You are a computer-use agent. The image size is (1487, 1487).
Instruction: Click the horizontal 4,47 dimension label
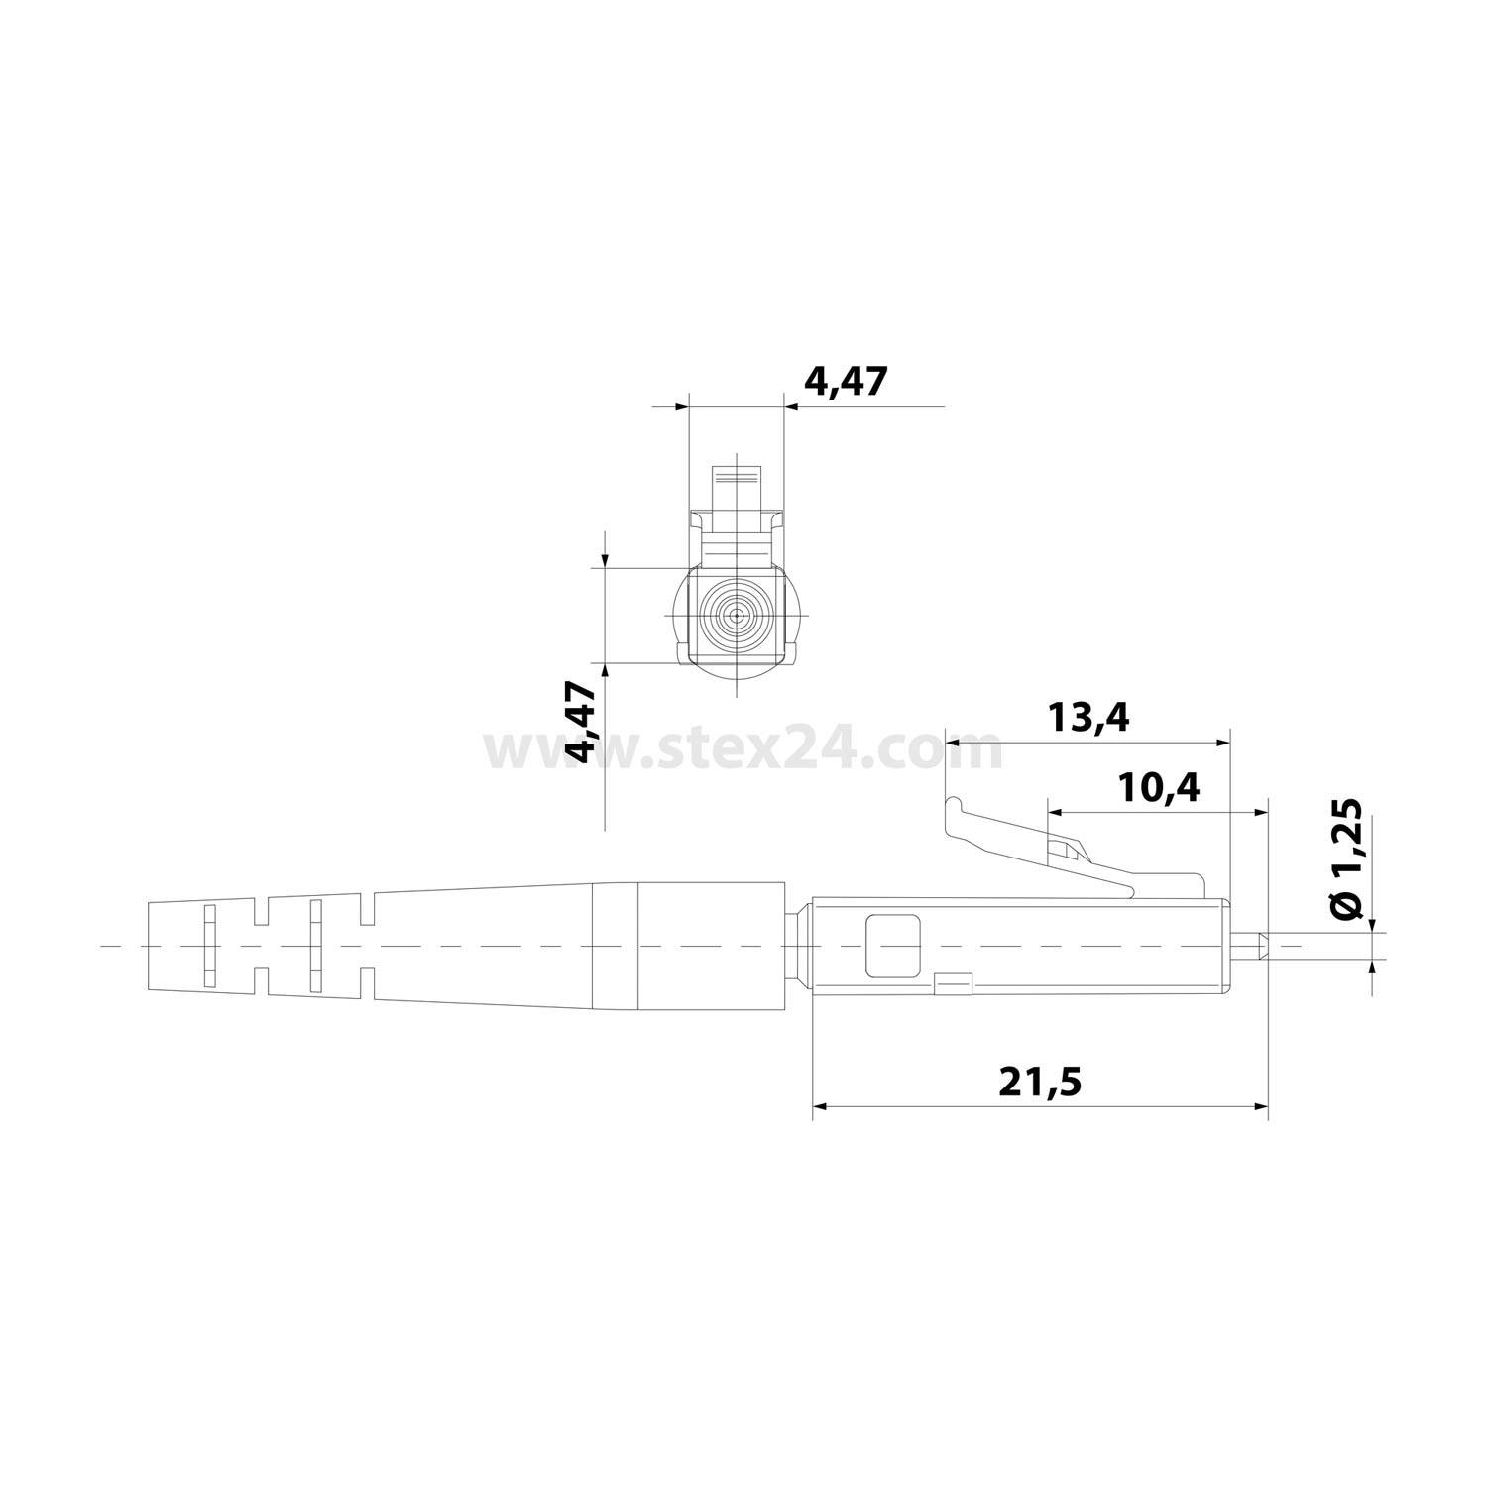(x=844, y=382)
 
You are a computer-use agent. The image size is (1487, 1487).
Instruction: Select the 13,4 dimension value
(x=1088, y=717)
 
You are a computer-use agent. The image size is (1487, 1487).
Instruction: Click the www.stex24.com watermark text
(x=743, y=750)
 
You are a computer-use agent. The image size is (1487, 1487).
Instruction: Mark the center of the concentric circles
(x=736, y=615)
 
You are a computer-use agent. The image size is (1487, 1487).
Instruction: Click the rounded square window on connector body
(x=892, y=945)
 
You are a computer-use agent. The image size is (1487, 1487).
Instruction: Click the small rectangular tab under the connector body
(x=954, y=984)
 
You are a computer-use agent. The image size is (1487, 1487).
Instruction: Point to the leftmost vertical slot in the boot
(x=208, y=945)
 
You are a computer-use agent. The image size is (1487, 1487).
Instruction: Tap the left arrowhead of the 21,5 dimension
(x=820, y=1106)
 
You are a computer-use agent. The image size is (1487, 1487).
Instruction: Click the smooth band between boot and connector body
(x=614, y=945)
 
